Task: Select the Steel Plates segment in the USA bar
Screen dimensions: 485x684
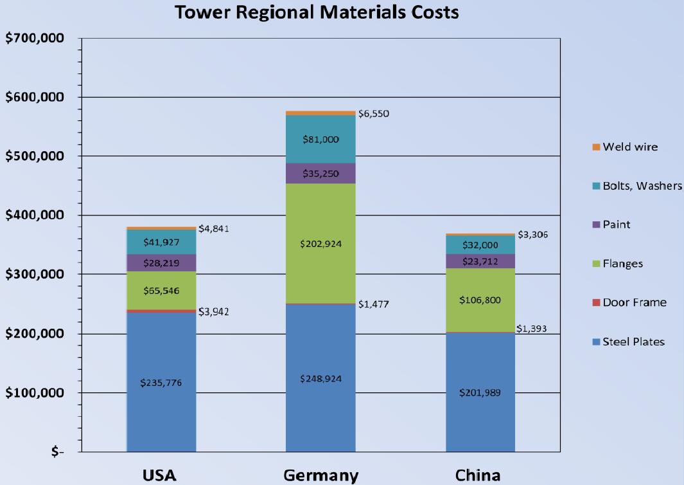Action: (x=161, y=382)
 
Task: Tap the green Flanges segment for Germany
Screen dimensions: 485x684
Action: (x=320, y=244)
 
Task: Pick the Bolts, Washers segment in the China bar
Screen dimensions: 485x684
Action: (x=480, y=245)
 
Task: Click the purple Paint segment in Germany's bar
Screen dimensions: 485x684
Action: (x=320, y=174)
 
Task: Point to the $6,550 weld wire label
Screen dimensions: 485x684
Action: (x=373, y=114)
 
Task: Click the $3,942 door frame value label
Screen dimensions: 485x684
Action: (x=213, y=312)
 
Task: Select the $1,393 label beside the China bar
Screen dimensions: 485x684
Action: (x=532, y=329)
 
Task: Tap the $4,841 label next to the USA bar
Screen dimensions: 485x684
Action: (x=213, y=228)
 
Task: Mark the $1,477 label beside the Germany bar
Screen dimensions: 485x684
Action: (x=373, y=304)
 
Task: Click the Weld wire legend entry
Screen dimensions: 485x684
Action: (x=629, y=147)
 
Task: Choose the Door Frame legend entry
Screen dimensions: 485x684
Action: (x=634, y=302)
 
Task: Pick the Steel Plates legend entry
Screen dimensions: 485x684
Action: (x=633, y=342)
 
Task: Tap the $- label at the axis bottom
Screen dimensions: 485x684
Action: (x=58, y=452)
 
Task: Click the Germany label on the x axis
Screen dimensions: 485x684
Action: (x=320, y=475)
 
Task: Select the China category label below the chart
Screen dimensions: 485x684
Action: (x=478, y=475)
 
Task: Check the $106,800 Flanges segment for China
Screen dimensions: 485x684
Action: (x=480, y=300)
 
